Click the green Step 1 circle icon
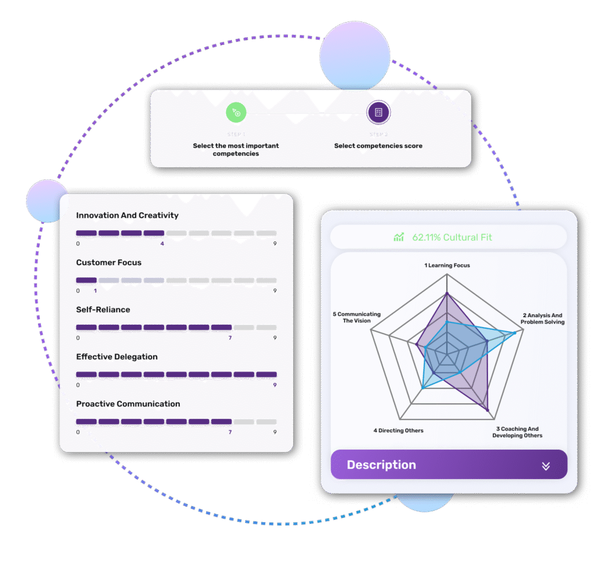[236, 112]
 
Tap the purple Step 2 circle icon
[378, 112]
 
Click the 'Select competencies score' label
[378, 146]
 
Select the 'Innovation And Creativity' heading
[127, 215]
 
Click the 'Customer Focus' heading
[109, 263]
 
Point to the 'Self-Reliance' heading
[103, 310]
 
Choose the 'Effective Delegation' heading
[117, 357]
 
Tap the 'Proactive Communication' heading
[128, 404]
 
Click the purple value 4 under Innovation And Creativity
[162, 244]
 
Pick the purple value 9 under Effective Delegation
[275, 385]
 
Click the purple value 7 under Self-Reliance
[230, 337]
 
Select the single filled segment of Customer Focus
[86, 280]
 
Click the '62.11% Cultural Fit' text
[452, 237]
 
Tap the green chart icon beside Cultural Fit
[399, 237]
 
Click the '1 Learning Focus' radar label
[447, 266]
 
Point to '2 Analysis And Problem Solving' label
[542, 319]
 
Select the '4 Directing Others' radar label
[398, 431]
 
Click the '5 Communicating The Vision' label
[356, 317]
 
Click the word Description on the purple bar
[381, 465]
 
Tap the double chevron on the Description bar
[546, 466]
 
